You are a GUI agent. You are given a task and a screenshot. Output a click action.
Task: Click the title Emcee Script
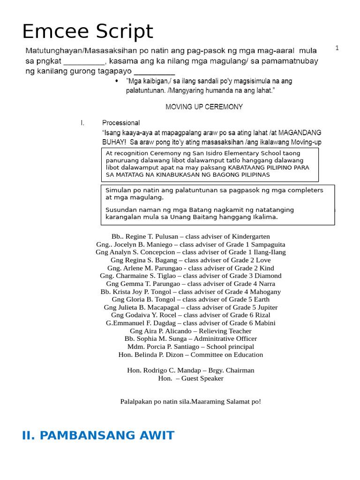tap(88, 32)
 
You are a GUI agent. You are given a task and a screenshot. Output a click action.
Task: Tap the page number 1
tap(337, 48)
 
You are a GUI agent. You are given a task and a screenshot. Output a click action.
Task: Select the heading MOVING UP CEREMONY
tap(204, 107)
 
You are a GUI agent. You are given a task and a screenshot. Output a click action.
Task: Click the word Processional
tap(121, 123)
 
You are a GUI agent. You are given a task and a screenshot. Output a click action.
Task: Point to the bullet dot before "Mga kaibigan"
tap(117, 81)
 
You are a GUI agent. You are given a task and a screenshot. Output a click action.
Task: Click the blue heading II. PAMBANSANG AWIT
tap(98, 435)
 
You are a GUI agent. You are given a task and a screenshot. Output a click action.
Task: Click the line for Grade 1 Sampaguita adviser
tap(191, 244)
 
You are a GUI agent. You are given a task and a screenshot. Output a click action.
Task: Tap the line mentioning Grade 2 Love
tap(191, 260)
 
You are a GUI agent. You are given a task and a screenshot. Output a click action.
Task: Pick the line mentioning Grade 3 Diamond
tap(191, 276)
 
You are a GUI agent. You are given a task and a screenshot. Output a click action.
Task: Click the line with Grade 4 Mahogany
tap(191, 292)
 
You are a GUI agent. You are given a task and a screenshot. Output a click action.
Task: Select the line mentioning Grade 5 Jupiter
tap(191, 307)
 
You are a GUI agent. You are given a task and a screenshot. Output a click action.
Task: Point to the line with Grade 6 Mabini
tap(191, 323)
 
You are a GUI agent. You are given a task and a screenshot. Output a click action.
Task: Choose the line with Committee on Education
tap(191, 354)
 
